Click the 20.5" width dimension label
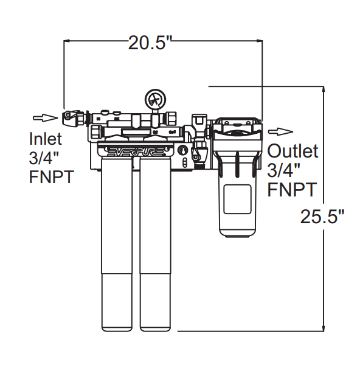click(x=150, y=43)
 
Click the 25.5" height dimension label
click(x=322, y=217)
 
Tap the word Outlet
click(x=293, y=151)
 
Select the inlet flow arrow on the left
click(x=41, y=117)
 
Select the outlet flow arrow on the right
click(x=281, y=131)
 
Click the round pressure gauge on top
click(x=154, y=99)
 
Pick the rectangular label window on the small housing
click(x=237, y=199)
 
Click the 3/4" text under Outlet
click(x=284, y=170)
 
